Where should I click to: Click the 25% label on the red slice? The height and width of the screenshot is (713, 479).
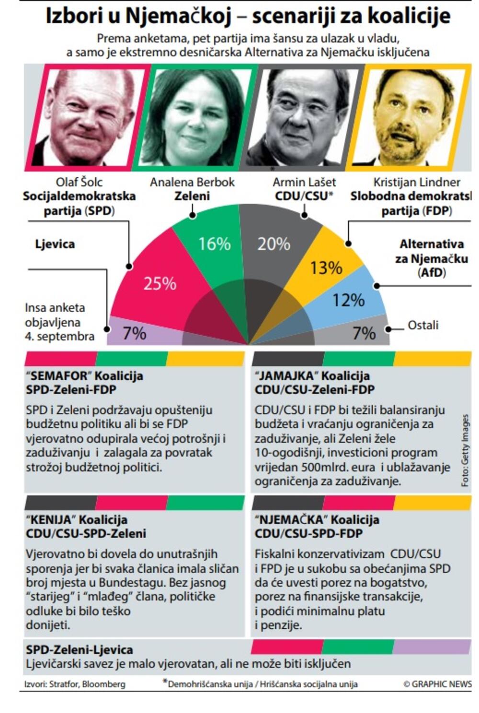(160, 283)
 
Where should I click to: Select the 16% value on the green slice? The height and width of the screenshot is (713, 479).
(214, 244)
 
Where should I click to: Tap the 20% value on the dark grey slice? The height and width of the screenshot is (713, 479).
(274, 244)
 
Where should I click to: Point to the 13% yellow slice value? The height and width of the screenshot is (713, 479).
(326, 268)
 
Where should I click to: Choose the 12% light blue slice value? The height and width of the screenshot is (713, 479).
(348, 300)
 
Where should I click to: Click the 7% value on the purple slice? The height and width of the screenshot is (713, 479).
(134, 333)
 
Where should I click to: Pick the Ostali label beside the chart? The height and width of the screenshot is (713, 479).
(422, 325)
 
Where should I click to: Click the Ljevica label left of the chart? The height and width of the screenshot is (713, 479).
(55, 244)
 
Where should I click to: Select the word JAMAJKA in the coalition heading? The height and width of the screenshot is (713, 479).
(286, 376)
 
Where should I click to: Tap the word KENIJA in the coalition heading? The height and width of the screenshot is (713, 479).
(51, 520)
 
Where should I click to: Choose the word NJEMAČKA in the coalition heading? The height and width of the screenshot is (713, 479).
(291, 520)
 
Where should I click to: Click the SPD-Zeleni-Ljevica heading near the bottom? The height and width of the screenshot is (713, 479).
(80, 650)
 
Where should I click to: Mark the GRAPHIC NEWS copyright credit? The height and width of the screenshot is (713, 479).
(437, 684)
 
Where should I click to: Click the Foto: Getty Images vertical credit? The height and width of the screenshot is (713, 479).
(465, 450)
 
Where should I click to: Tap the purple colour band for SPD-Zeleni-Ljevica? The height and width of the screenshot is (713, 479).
(432, 647)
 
